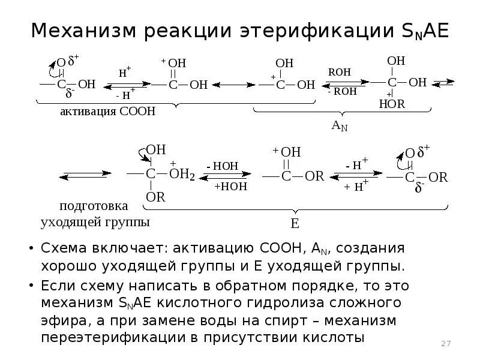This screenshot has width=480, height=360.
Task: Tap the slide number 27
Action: pyautogui.click(x=445, y=343)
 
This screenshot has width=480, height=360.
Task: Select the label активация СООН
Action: pyautogui.click(x=107, y=112)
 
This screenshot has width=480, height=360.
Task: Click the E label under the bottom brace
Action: pyautogui.click(x=295, y=224)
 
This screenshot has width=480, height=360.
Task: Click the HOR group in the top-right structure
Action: pyautogui.click(x=392, y=104)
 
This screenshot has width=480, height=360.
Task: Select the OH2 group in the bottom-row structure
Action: pyautogui.click(x=182, y=175)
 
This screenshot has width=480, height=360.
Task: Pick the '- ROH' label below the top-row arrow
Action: pyautogui.click(x=342, y=92)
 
